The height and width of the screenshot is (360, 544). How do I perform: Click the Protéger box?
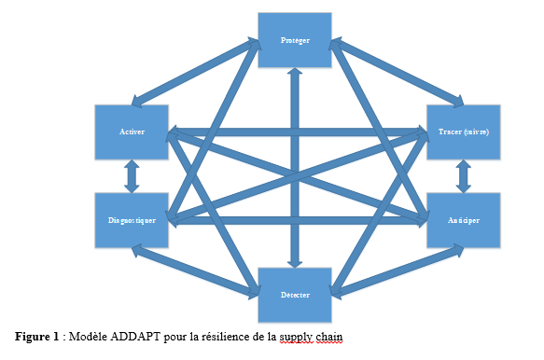click(x=295, y=40)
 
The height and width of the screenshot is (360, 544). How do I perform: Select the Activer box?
click(x=132, y=132)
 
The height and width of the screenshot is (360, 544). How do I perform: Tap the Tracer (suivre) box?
click(x=463, y=132)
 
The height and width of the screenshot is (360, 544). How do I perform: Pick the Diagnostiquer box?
click(x=132, y=220)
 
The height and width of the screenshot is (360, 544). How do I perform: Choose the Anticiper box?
click(x=463, y=220)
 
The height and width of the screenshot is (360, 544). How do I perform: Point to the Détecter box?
click(x=295, y=294)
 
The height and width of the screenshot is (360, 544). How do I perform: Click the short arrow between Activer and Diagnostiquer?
click(x=132, y=176)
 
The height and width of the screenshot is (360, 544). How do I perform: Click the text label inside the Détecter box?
click(x=295, y=295)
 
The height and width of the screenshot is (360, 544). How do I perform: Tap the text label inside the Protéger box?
click(x=295, y=41)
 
